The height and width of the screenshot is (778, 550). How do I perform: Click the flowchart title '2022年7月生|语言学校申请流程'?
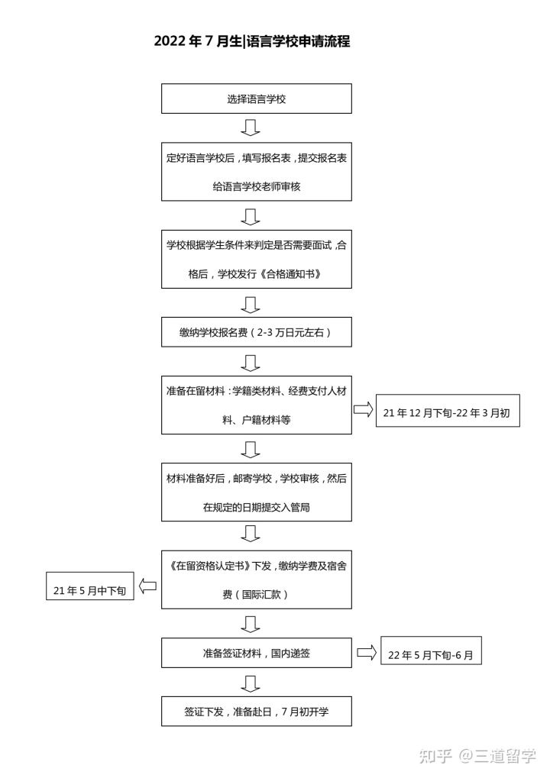coord(252,42)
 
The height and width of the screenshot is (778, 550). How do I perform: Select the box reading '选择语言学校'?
coord(256,99)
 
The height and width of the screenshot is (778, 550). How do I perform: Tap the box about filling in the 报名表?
coord(256,172)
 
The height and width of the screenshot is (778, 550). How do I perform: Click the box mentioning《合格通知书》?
coord(256,259)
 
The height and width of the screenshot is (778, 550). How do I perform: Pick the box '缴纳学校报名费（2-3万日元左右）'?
coord(256,333)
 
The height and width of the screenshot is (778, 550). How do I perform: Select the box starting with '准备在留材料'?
coord(256,405)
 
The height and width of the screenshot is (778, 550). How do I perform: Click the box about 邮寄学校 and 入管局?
coord(256,492)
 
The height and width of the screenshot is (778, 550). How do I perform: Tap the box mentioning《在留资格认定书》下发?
coord(256,579)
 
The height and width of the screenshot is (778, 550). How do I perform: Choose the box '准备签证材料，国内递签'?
coord(256,653)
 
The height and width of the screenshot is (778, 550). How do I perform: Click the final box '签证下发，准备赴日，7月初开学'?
coord(256,711)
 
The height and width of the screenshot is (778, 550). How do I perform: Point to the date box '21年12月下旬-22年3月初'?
coord(448,412)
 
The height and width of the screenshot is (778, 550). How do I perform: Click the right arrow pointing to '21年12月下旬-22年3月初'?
coord(363,410)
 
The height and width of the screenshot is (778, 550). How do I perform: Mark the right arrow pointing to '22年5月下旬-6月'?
coord(367,652)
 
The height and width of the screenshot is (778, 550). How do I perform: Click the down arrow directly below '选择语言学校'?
coord(251,128)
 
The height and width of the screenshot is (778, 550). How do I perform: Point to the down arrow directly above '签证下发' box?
coord(251,682)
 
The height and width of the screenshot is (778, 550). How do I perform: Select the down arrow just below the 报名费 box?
coord(251,361)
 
